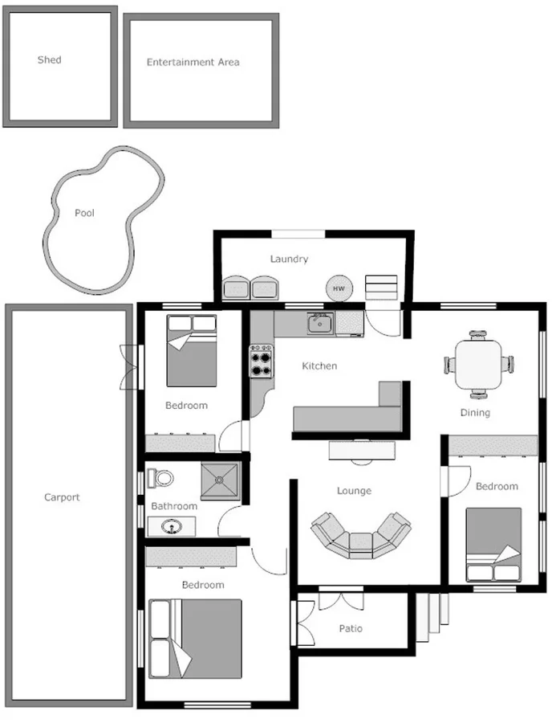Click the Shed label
[x=49, y=59]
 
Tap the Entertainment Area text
[x=193, y=62]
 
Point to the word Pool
[x=84, y=213]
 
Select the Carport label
[x=62, y=497]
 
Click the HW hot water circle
[x=339, y=288]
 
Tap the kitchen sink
[x=319, y=324]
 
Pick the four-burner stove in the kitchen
[x=262, y=361]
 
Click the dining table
[x=478, y=364]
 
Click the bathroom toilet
[x=163, y=478]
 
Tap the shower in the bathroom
[x=220, y=482]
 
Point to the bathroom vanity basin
[x=171, y=527]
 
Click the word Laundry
[x=289, y=259]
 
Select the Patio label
[x=350, y=628]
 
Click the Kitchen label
[x=319, y=366]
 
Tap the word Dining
[x=475, y=413]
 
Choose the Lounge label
[x=354, y=491]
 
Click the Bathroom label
[x=174, y=506]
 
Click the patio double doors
[x=341, y=600]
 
